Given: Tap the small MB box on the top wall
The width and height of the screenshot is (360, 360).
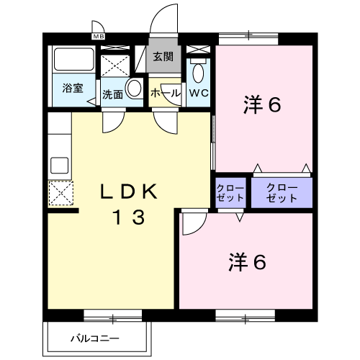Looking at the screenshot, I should point(98,35).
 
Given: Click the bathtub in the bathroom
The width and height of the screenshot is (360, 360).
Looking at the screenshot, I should point(73,61).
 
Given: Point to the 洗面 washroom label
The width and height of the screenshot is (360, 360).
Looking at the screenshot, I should point(112,94).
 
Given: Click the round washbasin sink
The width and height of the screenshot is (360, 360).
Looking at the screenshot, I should point(133,89).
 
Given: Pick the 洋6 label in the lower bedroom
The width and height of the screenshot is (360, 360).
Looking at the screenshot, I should point(248,261).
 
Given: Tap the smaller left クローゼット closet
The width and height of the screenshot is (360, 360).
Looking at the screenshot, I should point(230,192).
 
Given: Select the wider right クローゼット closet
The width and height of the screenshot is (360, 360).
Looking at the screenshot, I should point(281,192).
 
